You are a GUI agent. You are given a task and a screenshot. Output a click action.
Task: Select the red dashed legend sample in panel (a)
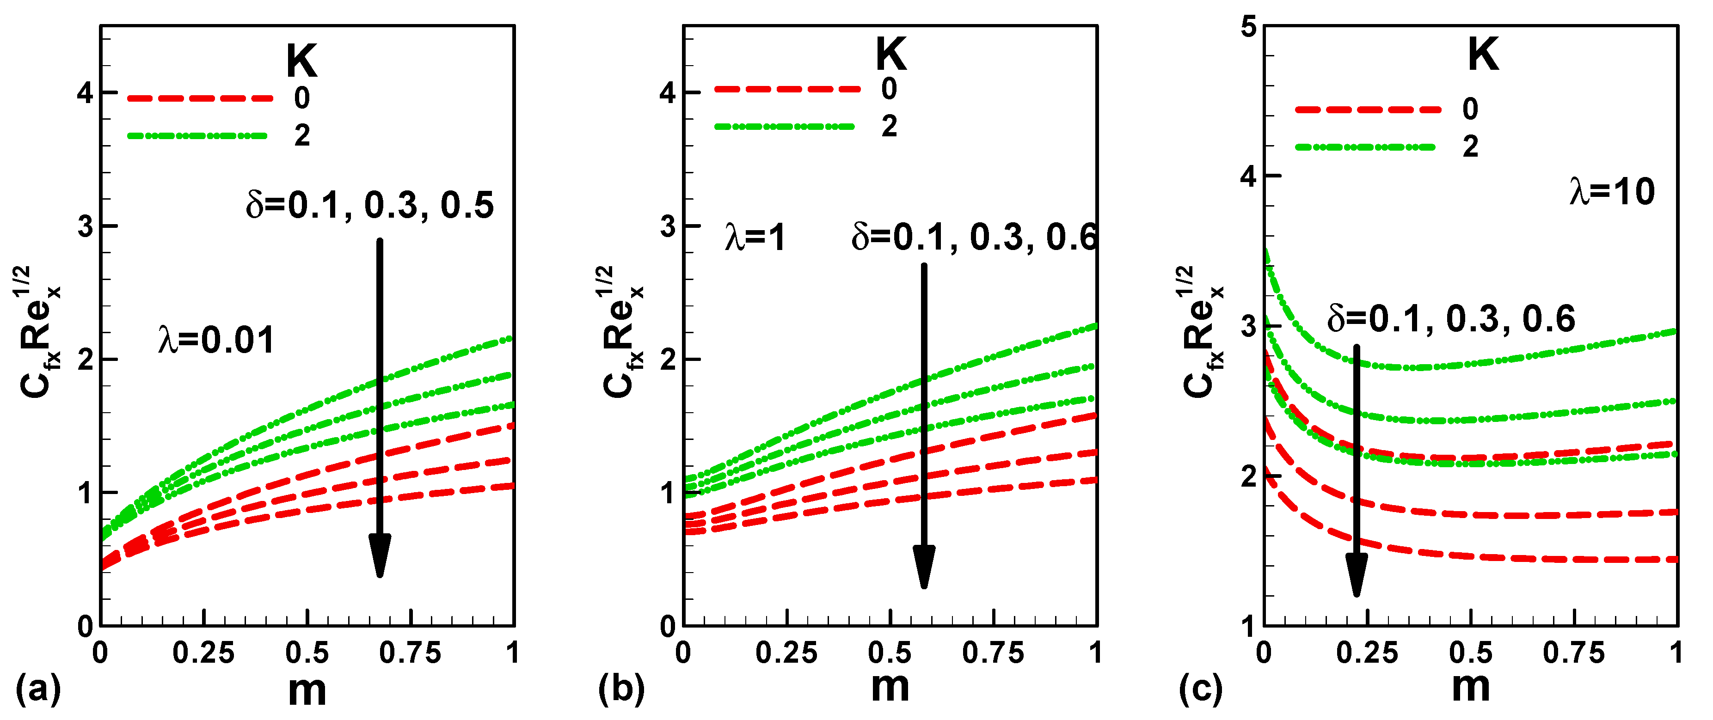click(199, 98)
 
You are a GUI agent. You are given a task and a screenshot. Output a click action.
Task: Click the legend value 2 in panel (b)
click(889, 126)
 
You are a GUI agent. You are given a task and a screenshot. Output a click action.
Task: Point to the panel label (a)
click(38, 689)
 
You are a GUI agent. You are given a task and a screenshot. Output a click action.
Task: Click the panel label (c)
click(1201, 689)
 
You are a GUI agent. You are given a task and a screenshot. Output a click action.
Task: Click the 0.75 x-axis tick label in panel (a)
click(410, 653)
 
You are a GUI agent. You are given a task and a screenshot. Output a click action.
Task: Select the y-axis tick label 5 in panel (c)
click(1249, 28)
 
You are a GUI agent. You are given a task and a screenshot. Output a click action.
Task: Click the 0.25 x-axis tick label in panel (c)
click(1367, 653)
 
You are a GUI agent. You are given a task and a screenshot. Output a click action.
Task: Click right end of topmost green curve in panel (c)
click(1675, 331)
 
